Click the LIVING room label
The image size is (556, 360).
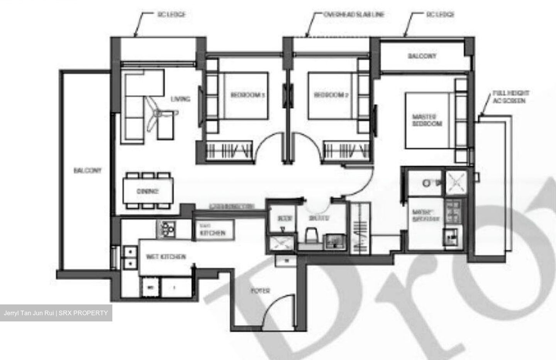(181, 99)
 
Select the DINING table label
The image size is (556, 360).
(147, 191)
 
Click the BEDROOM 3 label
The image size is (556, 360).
(247, 95)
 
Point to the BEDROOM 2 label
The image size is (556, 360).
(331, 95)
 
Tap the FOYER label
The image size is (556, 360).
(260, 291)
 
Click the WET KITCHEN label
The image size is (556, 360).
(166, 257)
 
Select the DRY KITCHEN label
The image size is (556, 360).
(212, 230)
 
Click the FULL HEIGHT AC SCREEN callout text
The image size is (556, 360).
(510, 97)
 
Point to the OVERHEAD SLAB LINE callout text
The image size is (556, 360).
(354, 15)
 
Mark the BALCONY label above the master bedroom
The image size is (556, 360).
(422, 56)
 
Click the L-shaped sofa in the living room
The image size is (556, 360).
(135, 104)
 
